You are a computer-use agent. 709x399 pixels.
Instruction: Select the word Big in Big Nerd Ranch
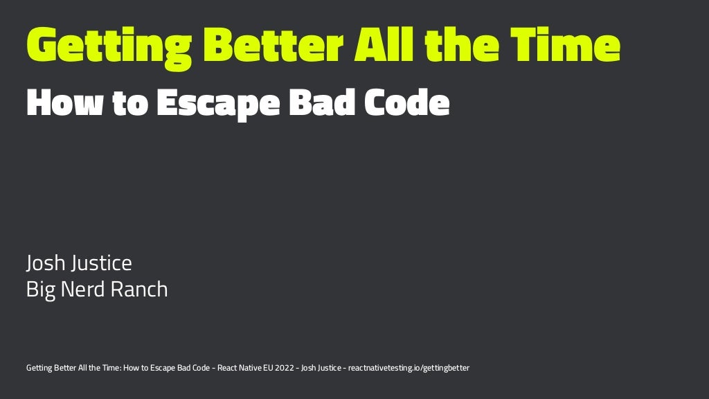[41, 289]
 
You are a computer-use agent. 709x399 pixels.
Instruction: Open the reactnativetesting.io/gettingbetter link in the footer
[409, 368]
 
